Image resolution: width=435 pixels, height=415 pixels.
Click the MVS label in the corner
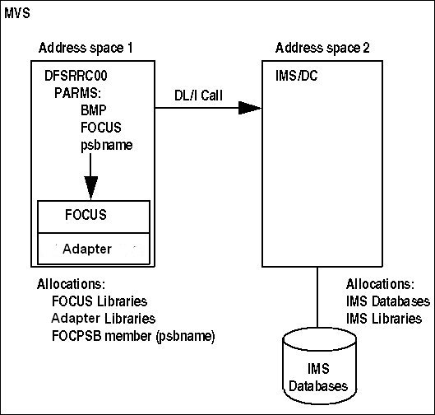[x=17, y=13]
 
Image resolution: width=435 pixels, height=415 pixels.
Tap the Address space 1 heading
[x=86, y=48]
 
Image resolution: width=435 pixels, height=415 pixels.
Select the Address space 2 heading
[x=322, y=48]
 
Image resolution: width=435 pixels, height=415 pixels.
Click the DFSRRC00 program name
[x=76, y=76]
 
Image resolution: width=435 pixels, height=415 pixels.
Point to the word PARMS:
[x=77, y=93]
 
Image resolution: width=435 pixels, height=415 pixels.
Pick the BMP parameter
[x=93, y=110]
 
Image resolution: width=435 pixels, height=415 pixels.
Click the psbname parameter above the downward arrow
[x=107, y=145]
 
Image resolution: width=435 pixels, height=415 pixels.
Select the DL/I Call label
[x=198, y=96]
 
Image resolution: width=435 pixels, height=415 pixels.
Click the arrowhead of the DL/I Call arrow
[x=250, y=108]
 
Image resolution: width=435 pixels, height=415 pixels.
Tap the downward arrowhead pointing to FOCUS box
[x=91, y=188]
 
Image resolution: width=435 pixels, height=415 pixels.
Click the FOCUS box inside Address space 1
[x=94, y=217]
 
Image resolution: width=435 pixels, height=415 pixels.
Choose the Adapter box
[x=94, y=249]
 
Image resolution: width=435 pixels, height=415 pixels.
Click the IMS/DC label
[x=297, y=76]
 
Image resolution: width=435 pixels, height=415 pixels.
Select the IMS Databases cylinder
[x=319, y=366]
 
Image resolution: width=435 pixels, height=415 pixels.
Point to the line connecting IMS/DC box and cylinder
[x=317, y=297]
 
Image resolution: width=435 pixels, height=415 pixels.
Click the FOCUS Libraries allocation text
[x=99, y=301]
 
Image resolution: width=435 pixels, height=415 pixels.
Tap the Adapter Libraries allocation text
[x=104, y=319]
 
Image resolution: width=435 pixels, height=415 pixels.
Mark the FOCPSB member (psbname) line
[x=133, y=337]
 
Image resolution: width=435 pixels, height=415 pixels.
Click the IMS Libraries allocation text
[x=384, y=319]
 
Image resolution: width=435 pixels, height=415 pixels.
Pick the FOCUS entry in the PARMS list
[x=101, y=128]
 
